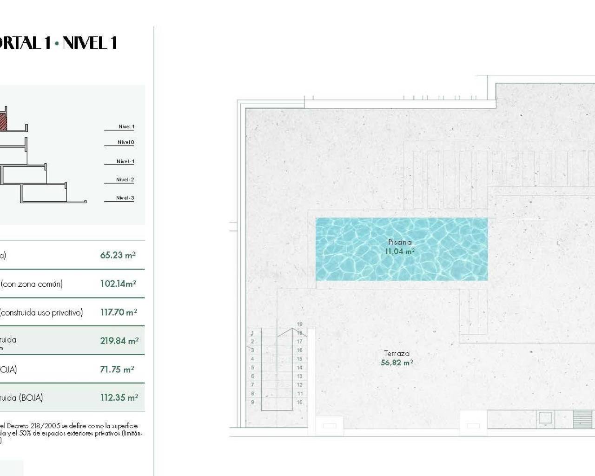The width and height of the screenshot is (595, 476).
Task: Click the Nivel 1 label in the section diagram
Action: (x=126, y=126)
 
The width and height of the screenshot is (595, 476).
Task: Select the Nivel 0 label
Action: (x=126, y=142)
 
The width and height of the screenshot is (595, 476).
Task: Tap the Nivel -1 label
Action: (x=125, y=161)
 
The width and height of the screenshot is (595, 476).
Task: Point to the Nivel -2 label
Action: (x=125, y=179)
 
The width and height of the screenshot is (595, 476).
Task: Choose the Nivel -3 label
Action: (x=125, y=198)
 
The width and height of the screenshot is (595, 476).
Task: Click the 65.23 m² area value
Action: (x=118, y=255)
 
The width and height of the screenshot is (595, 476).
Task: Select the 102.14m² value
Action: (x=118, y=284)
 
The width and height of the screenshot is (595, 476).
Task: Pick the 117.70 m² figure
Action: (x=119, y=312)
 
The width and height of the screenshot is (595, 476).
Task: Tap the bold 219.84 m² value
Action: (x=119, y=341)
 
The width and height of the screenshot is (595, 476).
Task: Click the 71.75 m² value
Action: (x=117, y=370)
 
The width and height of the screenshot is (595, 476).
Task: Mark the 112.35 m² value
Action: (x=119, y=397)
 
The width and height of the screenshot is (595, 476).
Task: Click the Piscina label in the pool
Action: (x=400, y=242)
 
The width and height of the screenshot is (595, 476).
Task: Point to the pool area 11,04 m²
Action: (x=399, y=251)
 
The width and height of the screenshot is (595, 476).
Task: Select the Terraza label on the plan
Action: (x=397, y=353)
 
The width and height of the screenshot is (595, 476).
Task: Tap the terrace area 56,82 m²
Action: (x=397, y=363)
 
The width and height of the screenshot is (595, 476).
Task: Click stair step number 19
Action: (x=300, y=324)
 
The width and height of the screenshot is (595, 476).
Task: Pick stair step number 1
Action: (x=252, y=333)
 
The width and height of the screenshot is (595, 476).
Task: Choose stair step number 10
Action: (x=300, y=402)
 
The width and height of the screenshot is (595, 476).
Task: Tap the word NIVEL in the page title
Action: (x=84, y=43)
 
